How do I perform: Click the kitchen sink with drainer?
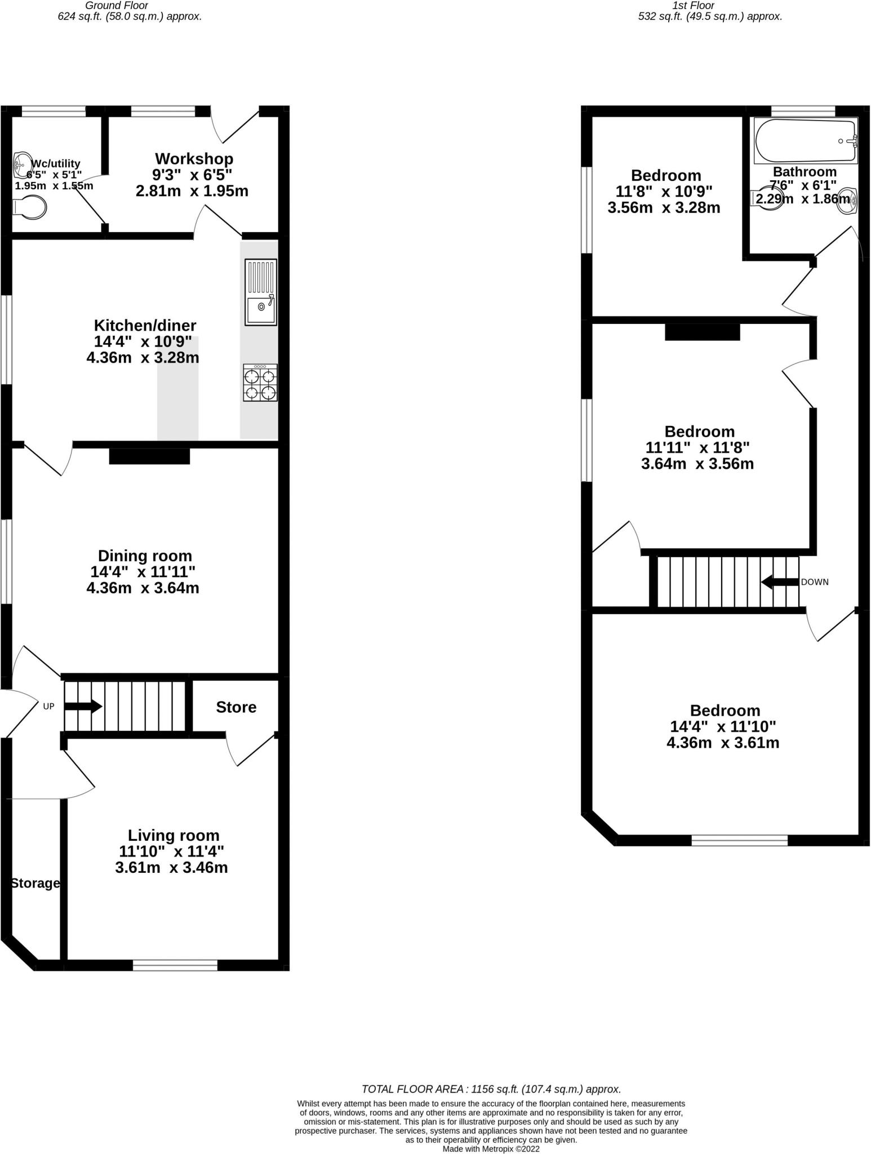(261, 292)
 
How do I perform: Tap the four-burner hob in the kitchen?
(260, 383)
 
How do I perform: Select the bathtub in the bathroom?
(806, 141)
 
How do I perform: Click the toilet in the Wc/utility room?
(29, 207)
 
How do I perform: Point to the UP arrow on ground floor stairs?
(83, 706)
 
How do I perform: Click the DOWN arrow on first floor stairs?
(780, 582)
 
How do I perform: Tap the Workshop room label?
(194, 159)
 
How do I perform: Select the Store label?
(236, 707)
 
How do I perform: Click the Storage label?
(35, 883)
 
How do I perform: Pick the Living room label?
(174, 835)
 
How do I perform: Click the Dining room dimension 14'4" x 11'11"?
(143, 572)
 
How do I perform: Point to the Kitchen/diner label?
(145, 325)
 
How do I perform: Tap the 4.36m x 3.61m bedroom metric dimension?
(723, 743)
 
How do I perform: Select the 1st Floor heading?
(694, 6)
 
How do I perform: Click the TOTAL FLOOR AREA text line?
(491, 1089)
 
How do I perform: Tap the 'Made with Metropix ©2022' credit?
(491, 1149)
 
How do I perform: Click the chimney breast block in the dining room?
(149, 456)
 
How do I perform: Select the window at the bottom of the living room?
(175, 965)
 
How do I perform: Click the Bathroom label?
(805, 172)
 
